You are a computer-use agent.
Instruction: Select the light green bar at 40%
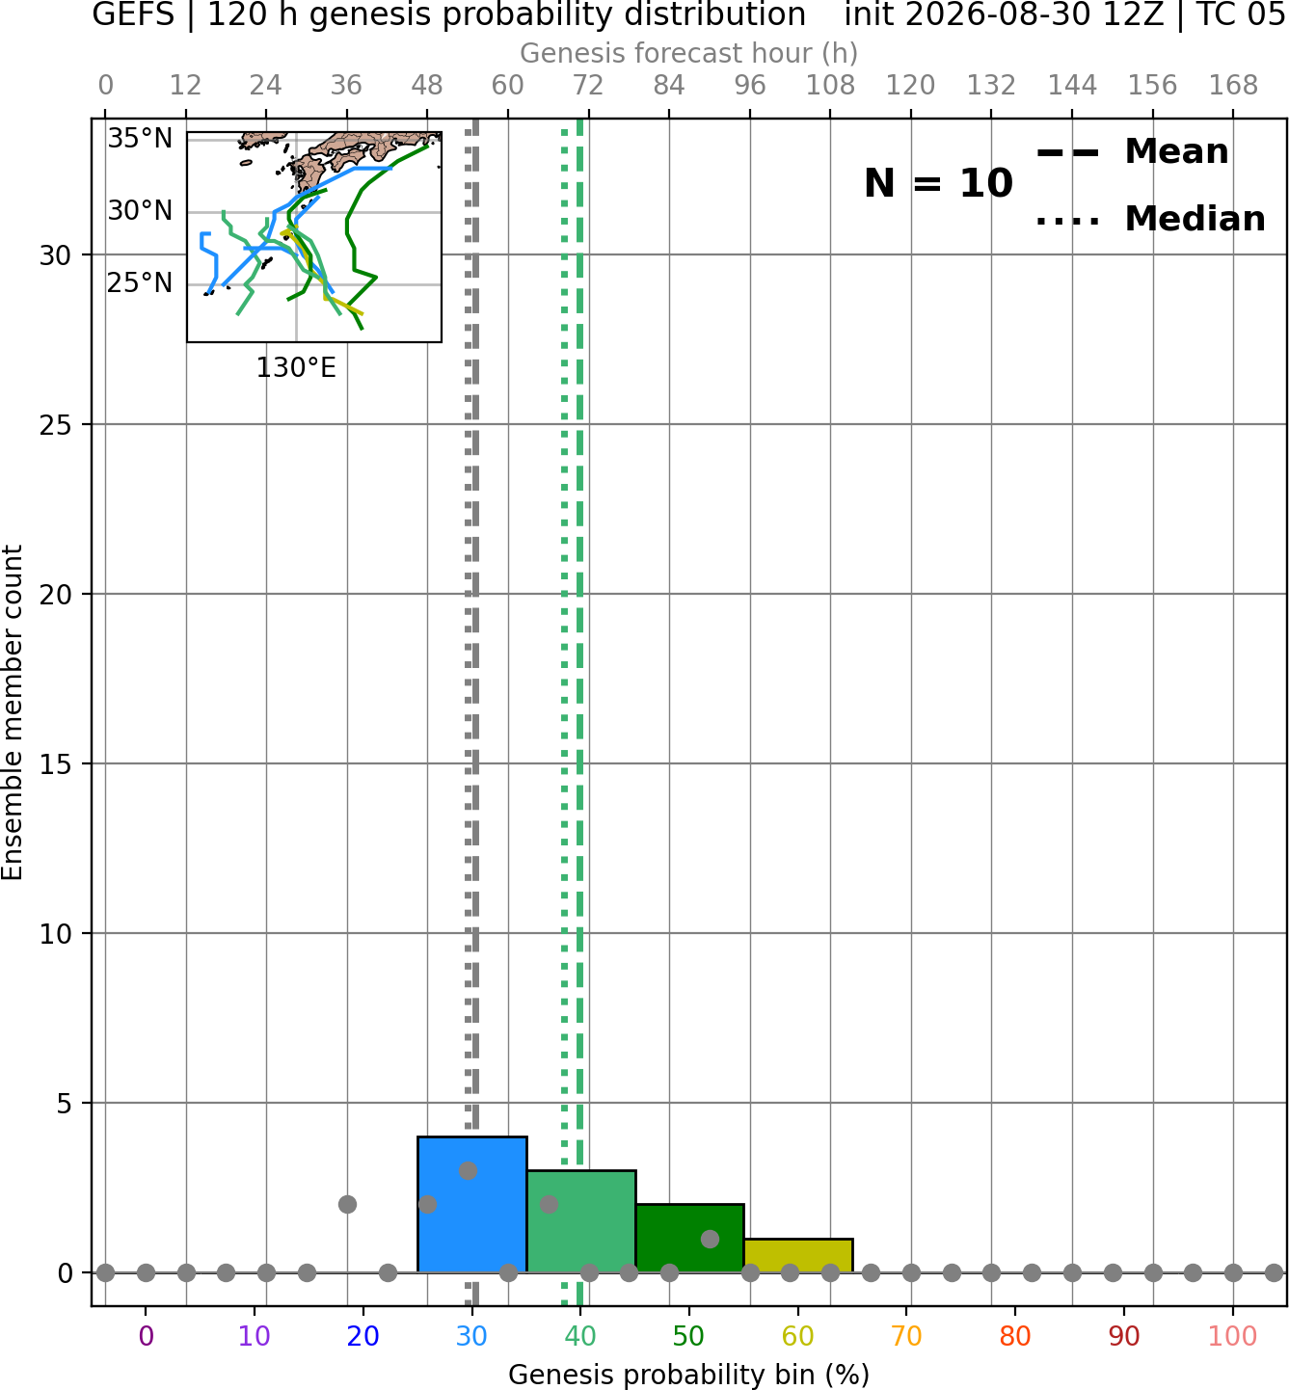(x=581, y=1221)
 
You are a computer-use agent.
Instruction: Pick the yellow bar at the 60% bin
(x=798, y=1256)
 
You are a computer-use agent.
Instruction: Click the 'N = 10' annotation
(x=938, y=183)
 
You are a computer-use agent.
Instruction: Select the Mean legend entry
(x=1132, y=152)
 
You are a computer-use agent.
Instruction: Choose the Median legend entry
(x=1151, y=219)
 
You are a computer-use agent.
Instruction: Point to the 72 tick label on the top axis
(x=588, y=86)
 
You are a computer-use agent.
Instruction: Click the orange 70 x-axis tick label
(x=906, y=1336)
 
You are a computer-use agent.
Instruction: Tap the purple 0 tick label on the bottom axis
(x=146, y=1336)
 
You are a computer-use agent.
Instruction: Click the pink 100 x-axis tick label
(x=1233, y=1336)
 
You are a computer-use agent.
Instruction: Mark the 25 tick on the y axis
(x=56, y=425)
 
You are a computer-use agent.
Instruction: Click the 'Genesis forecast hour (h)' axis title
(x=689, y=53)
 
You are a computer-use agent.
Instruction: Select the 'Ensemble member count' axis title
(x=12, y=712)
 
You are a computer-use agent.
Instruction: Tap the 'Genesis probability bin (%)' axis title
(x=689, y=1375)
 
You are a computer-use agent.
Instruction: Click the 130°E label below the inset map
(x=296, y=368)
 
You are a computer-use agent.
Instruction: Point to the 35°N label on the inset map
(x=140, y=139)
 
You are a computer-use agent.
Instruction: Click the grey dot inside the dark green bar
(x=710, y=1239)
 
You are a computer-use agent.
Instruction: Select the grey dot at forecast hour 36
(x=347, y=1205)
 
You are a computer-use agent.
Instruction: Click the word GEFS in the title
(x=133, y=14)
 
